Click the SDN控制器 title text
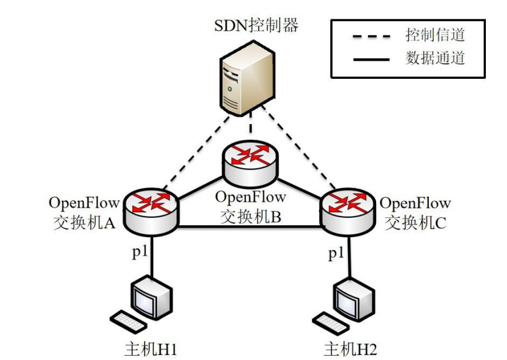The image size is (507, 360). tap(256, 25)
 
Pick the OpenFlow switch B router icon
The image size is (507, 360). tap(250, 163)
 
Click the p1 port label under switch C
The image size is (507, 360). tap(336, 253)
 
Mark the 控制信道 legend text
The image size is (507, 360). tap(435, 34)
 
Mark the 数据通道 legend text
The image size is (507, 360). tap(435, 58)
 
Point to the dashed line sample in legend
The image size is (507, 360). tap(370, 35)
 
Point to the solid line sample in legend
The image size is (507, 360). tap(370, 60)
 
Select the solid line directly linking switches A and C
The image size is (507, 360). tap(248, 227)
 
